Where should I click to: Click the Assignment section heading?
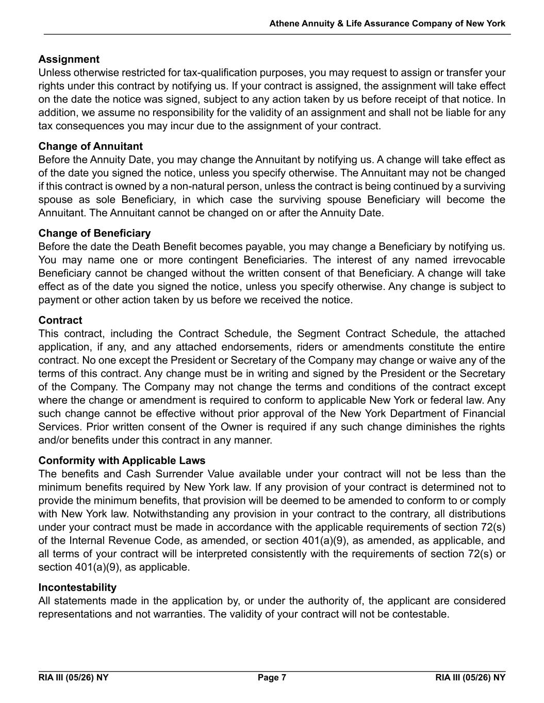[x=69, y=59]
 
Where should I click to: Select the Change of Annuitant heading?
[x=90, y=146]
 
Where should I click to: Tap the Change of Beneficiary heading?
[x=94, y=233]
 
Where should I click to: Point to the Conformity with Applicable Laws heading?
[x=122, y=460]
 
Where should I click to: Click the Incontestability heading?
[x=77, y=588]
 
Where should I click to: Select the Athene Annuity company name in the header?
[x=387, y=24]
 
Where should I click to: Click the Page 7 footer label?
[x=272, y=677]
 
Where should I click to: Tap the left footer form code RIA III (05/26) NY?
[x=73, y=677]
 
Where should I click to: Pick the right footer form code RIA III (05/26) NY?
[x=470, y=677]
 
